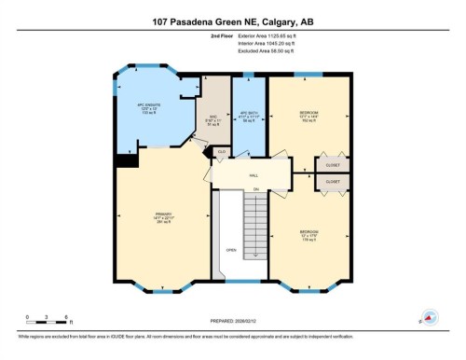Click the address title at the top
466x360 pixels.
232,20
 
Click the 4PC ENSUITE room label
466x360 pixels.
150,107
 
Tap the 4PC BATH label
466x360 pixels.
249,117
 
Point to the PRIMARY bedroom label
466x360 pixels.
164,216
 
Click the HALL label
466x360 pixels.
253,174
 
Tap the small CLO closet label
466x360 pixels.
221,150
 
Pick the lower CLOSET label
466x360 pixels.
333,181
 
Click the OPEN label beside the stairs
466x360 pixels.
230,250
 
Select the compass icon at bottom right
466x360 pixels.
430,317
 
